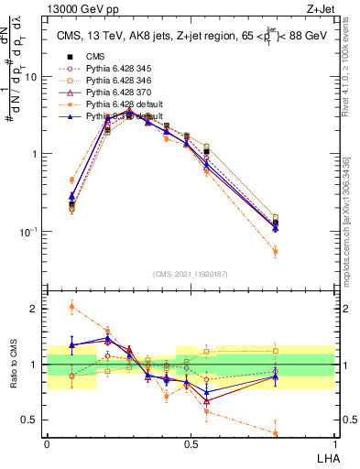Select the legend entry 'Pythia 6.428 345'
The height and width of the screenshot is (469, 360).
coord(113,68)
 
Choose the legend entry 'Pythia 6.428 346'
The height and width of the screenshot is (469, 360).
coord(113,81)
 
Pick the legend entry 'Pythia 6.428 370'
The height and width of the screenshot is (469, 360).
coord(113,93)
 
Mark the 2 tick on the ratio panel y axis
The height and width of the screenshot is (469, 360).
coord(38,309)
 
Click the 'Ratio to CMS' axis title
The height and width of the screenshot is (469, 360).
coord(12,365)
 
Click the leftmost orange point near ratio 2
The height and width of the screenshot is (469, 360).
coord(71,306)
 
